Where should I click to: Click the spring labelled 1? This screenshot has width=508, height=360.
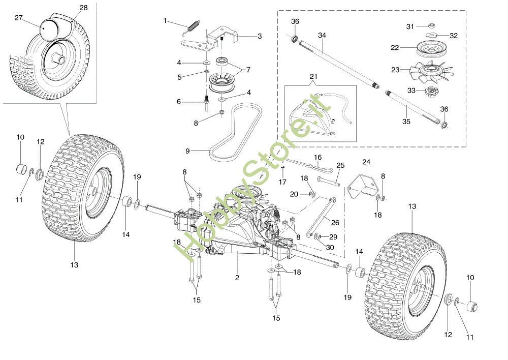[x=192, y=26]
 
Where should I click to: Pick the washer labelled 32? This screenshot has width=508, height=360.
[x=431, y=35]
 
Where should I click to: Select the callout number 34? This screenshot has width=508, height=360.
[x=322, y=35]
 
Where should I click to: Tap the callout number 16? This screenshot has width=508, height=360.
[x=318, y=157]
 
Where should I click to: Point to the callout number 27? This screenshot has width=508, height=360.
[x=19, y=18]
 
